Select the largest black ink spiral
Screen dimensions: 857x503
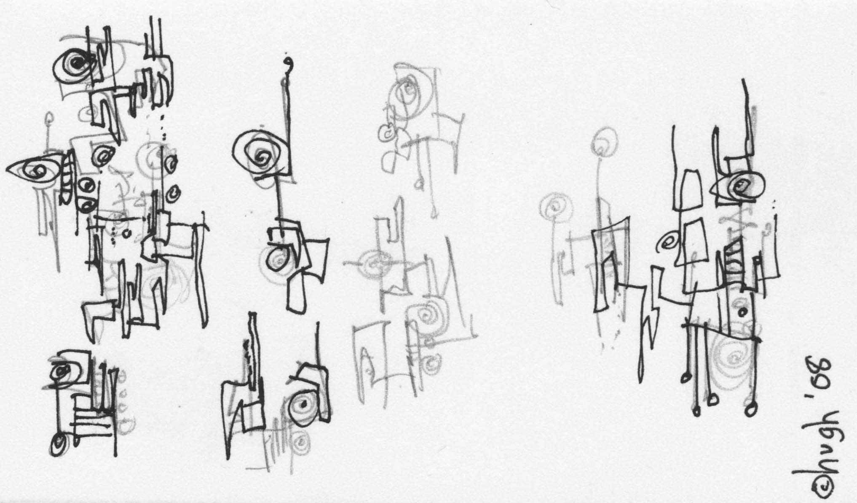click(x=261, y=156)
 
